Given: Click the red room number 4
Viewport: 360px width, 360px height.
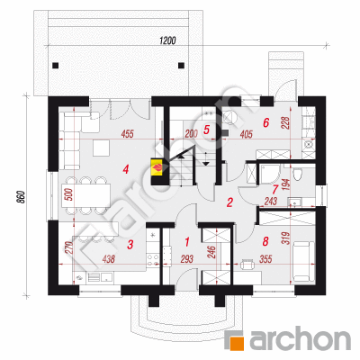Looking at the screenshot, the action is pyautogui.click(x=126, y=170).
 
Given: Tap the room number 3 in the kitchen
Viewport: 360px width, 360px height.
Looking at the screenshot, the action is pyautogui.click(x=130, y=245).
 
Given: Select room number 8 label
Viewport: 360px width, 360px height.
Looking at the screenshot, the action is pyautogui.click(x=265, y=241).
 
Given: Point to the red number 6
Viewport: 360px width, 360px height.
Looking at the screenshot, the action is pyautogui.click(x=265, y=122).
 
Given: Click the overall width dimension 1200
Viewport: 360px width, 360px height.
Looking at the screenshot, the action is pyautogui.click(x=167, y=40).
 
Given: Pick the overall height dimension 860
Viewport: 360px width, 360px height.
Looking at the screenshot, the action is pyautogui.click(x=21, y=197).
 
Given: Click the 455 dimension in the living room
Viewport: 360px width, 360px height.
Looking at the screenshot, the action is pyautogui.click(x=128, y=133).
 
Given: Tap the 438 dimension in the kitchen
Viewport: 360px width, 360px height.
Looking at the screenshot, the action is pyautogui.click(x=109, y=259).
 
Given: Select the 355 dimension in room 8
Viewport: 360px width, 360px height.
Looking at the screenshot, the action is pyautogui.click(x=265, y=258).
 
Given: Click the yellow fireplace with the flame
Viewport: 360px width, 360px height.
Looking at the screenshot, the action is pyautogui.click(x=157, y=167).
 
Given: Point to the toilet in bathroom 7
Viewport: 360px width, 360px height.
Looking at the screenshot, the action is pyautogui.click(x=298, y=174).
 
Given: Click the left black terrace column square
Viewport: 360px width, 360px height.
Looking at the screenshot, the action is pyautogui.click(x=55, y=66).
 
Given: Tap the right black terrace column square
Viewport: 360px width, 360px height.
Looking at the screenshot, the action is pyautogui.click(x=181, y=66).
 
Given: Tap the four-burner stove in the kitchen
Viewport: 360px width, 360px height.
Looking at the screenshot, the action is pyautogui.click(x=153, y=259).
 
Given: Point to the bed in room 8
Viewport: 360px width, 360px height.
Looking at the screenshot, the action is pyautogui.click(x=303, y=262).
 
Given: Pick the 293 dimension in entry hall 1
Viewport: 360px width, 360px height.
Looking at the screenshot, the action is pyautogui.click(x=187, y=259).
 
